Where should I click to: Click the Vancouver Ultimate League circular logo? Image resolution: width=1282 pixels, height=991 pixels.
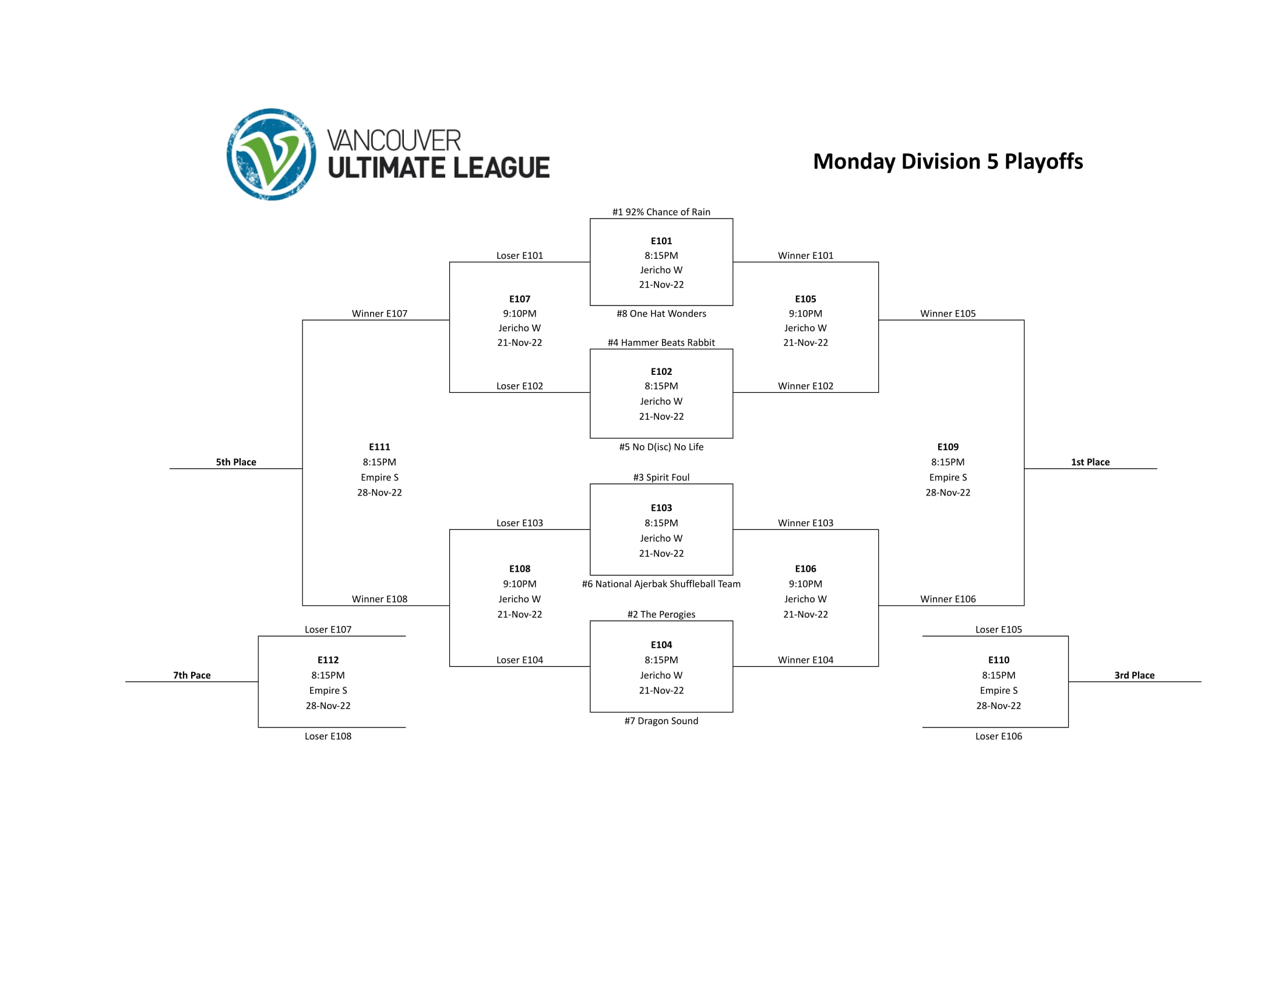[x=271, y=154]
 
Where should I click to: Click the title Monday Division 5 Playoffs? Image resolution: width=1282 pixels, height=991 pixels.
[x=948, y=161]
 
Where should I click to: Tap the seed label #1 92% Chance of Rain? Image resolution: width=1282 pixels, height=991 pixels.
[x=661, y=212]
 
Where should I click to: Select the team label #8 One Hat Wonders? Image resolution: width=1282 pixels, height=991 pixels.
[x=661, y=314]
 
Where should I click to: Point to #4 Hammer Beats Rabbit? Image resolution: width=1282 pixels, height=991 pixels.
[x=661, y=342]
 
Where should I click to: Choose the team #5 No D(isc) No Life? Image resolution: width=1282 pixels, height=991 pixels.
[x=661, y=447]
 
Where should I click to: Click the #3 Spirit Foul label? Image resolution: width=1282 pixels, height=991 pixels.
[x=661, y=477]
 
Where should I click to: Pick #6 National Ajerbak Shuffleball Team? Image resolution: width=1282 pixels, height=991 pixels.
[x=661, y=584]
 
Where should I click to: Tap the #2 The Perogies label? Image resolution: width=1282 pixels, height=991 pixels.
[x=661, y=614]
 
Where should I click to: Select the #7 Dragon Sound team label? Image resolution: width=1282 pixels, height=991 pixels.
[x=661, y=721]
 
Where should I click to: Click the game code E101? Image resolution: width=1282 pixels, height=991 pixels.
[x=661, y=241]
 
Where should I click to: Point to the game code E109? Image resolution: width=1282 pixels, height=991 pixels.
[x=948, y=447]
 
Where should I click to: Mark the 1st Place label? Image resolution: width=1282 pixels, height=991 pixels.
[x=1090, y=462]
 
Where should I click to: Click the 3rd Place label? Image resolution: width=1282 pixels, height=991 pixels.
[x=1134, y=675]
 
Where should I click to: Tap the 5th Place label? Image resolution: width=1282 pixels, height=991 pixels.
[x=236, y=462]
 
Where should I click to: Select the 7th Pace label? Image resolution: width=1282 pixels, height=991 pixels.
[x=191, y=675]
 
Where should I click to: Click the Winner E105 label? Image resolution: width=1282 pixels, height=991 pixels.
[x=948, y=314]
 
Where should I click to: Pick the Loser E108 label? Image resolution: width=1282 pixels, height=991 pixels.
[x=327, y=736]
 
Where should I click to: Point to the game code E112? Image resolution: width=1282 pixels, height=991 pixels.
[x=327, y=660]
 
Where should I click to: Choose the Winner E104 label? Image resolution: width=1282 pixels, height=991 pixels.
[x=805, y=660]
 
